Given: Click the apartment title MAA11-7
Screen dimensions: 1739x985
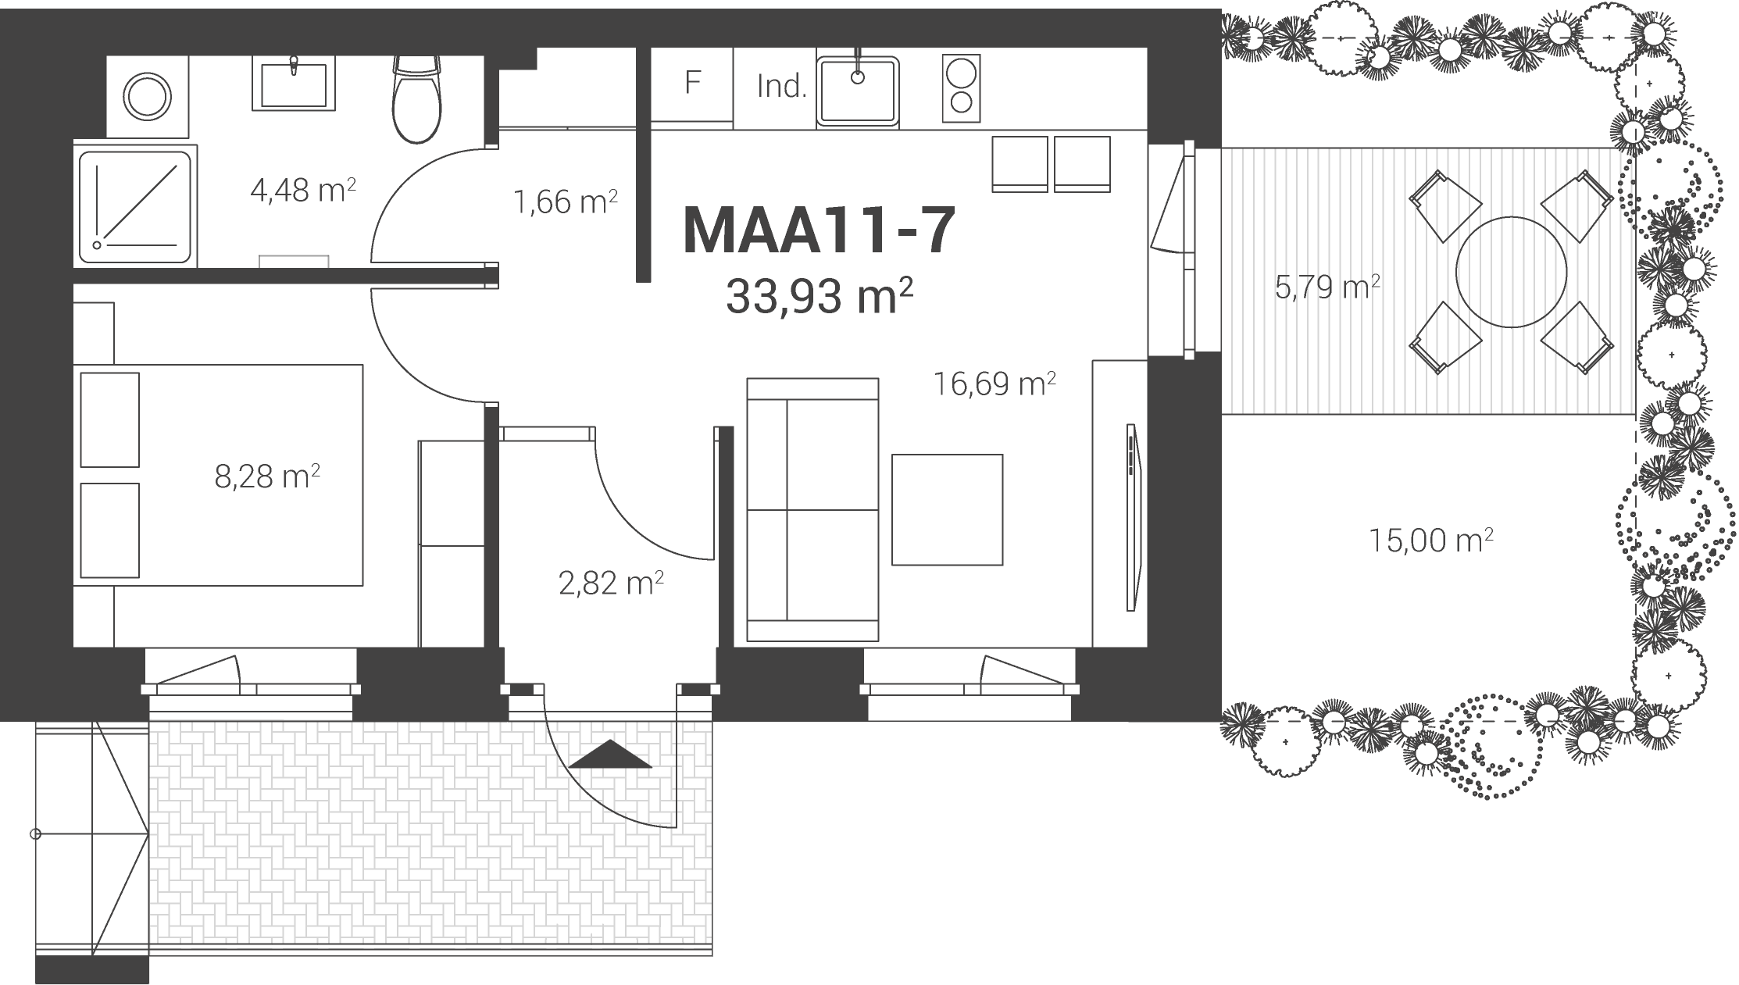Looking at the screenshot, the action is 819,230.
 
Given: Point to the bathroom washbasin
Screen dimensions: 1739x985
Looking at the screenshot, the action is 293,83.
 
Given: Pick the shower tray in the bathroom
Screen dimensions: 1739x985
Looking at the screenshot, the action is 136,205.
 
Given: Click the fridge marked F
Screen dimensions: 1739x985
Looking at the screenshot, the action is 692,84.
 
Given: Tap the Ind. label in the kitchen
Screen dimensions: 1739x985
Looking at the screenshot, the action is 781,87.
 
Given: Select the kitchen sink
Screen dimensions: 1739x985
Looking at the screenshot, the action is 858,91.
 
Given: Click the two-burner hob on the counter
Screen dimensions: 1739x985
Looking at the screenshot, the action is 962,88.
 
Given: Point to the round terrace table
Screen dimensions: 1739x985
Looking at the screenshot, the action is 1511,272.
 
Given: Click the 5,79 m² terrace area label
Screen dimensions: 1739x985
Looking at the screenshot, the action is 1327,287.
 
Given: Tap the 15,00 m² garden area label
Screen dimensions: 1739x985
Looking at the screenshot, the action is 1431,540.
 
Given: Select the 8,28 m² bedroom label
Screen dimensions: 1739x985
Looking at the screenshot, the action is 267,476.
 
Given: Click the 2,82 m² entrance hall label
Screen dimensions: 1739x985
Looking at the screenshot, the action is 612,583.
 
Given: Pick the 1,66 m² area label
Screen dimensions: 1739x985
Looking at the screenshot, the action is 566,202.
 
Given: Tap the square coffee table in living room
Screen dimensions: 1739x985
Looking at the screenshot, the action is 947,509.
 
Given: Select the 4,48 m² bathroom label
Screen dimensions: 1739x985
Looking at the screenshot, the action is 303,190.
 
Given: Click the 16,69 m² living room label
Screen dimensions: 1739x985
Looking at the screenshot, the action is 995,384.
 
